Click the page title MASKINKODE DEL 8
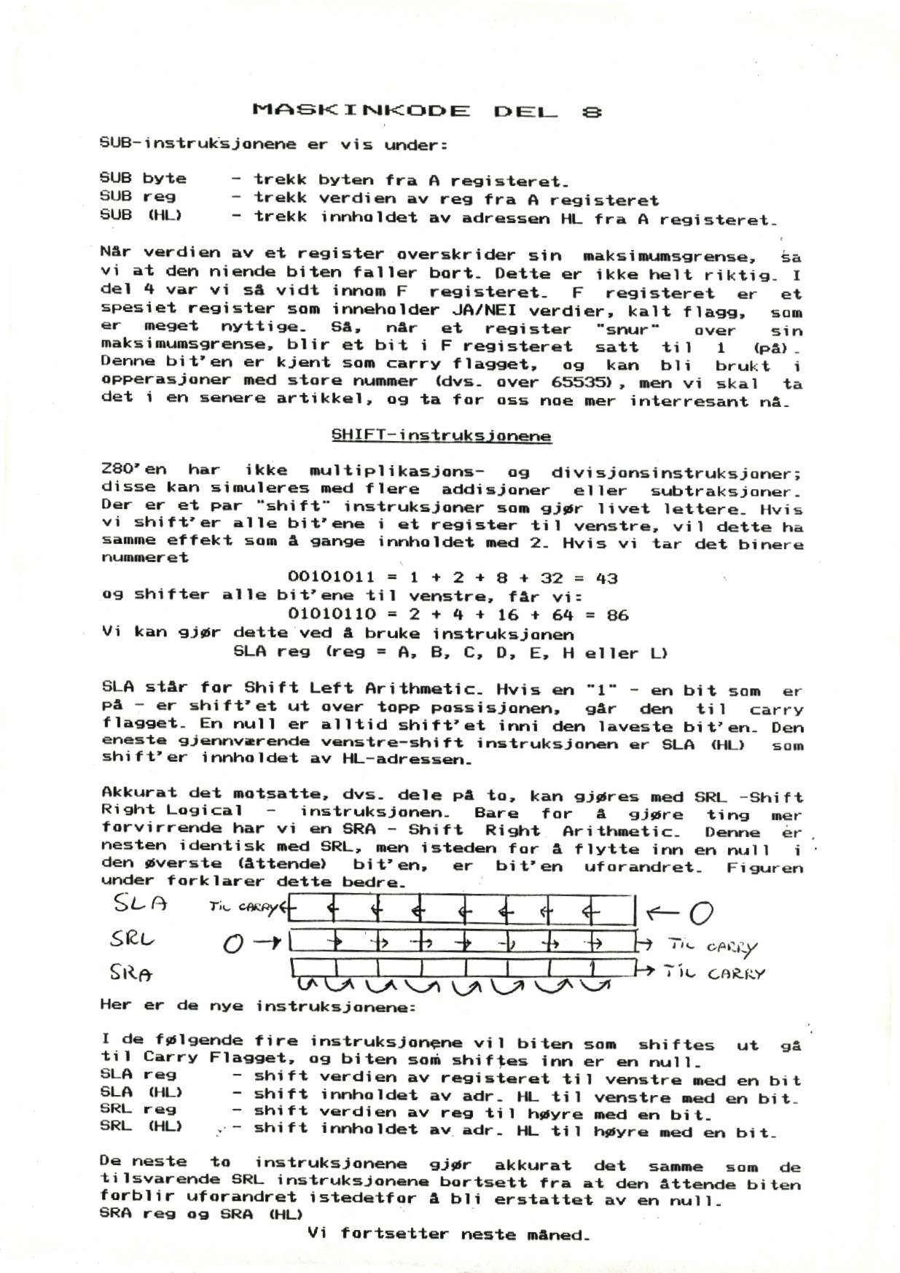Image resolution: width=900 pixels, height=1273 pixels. (x=427, y=112)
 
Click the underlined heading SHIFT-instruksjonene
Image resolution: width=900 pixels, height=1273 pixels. (x=441, y=436)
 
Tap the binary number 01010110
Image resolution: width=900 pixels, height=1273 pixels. (x=332, y=615)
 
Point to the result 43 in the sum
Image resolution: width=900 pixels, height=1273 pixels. (x=606, y=578)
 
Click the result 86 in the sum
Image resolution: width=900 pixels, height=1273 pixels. (x=617, y=615)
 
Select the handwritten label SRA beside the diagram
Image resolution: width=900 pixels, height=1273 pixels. (x=130, y=973)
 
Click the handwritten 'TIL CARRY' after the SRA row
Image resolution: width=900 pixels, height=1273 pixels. (x=715, y=974)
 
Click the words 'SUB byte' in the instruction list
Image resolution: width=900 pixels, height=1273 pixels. (x=143, y=179)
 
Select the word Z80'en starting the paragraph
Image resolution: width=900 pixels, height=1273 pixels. (x=134, y=470)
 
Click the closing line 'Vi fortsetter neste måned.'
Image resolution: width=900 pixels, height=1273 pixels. (x=448, y=1234)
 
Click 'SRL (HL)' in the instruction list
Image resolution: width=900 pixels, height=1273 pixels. (x=141, y=1126)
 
